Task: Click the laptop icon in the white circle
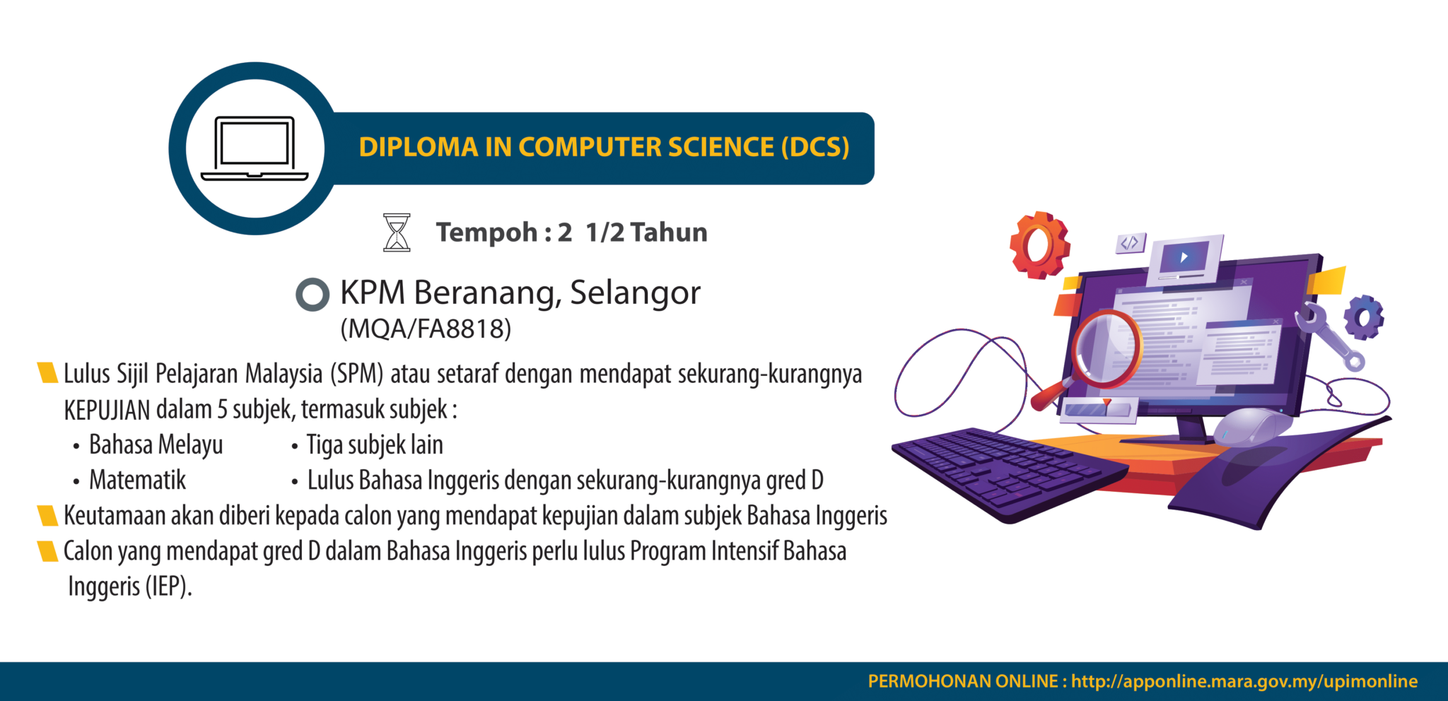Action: tap(255, 148)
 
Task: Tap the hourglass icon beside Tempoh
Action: tap(397, 232)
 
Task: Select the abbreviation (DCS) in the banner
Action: tap(814, 147)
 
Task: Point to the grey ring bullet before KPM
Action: tap(312, 295)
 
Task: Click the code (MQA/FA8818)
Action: tap(426, 329)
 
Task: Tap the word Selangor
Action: tap(635, 293)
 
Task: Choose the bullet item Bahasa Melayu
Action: tap(156, 445)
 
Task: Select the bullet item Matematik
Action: tap(137, 481)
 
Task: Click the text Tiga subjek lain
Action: tap(375, 445)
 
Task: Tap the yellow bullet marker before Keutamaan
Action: tap(47, 516)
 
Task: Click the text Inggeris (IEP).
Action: tap(129, 587)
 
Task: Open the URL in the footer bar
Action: tap(1244, 681)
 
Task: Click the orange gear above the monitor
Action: tap(1039, 245)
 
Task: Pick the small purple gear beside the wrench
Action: tap(1363, 317)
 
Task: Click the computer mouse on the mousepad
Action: tap(1251, 427)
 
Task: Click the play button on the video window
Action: tap(1184, 257)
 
